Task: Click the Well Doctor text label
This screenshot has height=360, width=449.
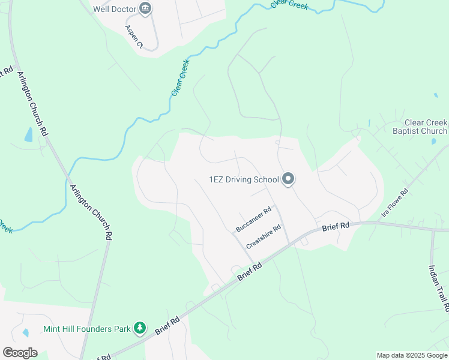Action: click(x=115, y=9)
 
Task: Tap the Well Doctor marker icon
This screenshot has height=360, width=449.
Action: click(x=145, y=8)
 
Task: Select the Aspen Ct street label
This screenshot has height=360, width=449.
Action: click(x=134, y=37)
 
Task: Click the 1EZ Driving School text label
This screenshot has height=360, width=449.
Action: click(x=244, y=179)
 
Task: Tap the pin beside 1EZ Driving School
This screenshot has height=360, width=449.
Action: click(x=288, y=179)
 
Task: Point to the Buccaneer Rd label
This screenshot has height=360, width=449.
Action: click(x=253, y=220)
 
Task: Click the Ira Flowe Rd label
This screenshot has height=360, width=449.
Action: click(x=395, y=203)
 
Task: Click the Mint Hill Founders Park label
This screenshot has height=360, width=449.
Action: click(x=87, y=329)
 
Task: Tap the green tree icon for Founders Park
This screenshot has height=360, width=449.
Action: click(x=140, y=328)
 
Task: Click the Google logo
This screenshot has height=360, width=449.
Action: click(x=20, y=352)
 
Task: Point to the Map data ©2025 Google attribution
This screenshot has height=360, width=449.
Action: click(x=411, y=355)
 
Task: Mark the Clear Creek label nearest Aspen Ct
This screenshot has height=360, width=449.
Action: click(x=181, y=77)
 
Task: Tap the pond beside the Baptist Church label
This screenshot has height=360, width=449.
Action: click(x=433, y=142)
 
